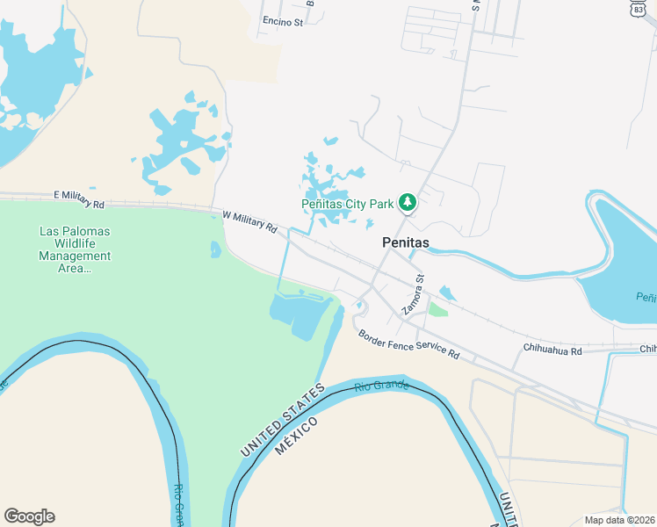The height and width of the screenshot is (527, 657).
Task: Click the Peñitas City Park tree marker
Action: [408, 203]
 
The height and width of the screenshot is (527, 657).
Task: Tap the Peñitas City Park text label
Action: [347, 204]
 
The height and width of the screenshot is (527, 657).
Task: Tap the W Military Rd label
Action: [249, 220]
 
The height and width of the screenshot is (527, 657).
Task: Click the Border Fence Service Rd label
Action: [408, 343]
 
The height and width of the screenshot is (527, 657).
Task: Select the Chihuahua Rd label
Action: [552, 350]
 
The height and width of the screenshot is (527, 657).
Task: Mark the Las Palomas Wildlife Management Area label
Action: [76, 249]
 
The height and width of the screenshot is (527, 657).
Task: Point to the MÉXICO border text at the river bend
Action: [294, 435]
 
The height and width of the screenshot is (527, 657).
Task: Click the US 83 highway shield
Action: [638, 8]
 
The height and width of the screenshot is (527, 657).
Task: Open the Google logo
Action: [29, 516]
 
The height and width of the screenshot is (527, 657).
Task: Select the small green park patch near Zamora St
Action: [437, 309]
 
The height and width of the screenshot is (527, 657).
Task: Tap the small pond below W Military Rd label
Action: [216, 249]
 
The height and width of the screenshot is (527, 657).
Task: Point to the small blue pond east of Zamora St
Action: [447, 293]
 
